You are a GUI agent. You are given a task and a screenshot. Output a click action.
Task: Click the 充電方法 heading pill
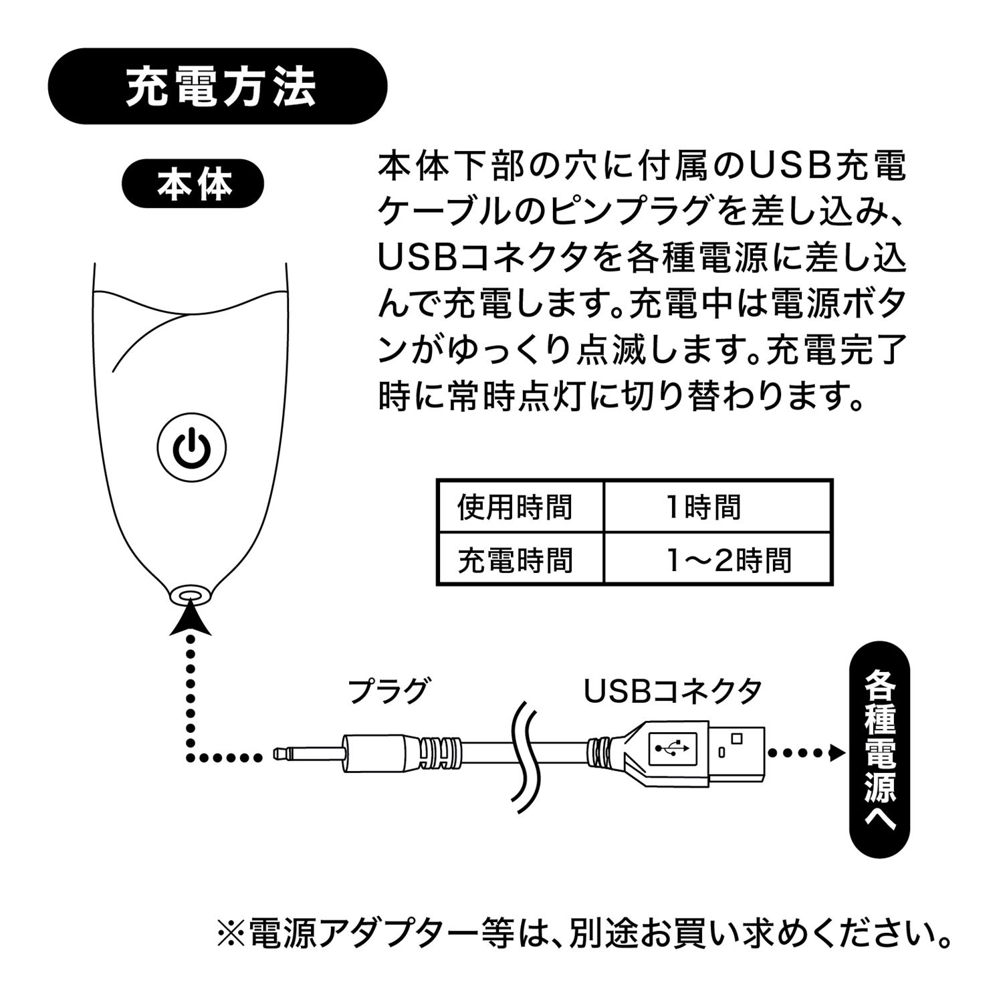tap(218, 86)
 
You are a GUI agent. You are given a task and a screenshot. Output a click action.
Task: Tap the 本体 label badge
tap(193, 183)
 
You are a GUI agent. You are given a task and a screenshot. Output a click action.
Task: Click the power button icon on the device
tap(192, 447)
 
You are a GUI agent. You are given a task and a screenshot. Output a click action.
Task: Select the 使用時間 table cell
tap(515, 507)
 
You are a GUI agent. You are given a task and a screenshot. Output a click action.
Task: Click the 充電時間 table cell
tap(515, 560)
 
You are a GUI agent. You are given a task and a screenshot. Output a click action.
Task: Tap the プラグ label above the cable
tap(387, 691)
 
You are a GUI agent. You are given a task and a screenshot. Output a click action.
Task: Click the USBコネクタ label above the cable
tap(673, 691)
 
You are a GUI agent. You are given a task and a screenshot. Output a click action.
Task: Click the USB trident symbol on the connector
tap(672, 749)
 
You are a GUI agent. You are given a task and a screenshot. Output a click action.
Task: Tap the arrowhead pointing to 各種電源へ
tap(836, 753)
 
